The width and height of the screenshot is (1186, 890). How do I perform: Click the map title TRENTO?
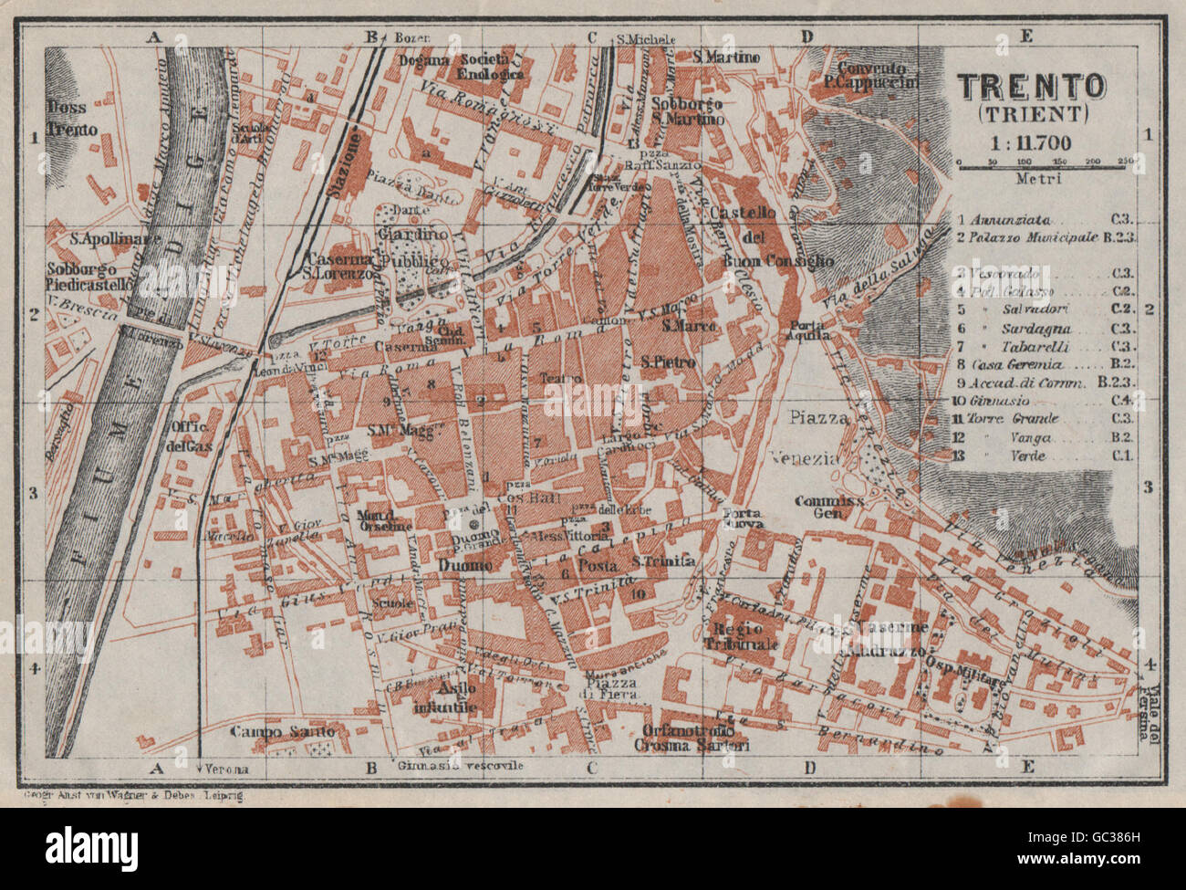[1031, 88]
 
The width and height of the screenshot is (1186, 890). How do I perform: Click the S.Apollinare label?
[109, 239]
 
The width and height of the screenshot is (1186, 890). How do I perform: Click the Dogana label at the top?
[424, 60]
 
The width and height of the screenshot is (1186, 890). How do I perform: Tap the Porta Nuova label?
[739, 518]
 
